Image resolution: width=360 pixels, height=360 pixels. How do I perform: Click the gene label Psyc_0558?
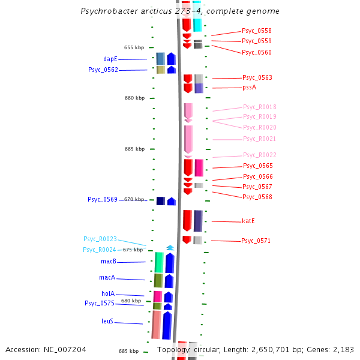point(257,31)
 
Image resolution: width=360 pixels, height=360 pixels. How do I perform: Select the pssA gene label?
point(250,88)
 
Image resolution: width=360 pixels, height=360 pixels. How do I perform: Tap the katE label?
point(248,221)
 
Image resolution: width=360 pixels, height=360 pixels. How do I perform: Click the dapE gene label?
point(110,59)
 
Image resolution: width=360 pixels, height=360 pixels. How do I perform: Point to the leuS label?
point(107,322)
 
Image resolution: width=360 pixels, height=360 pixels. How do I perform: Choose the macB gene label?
point(108,262)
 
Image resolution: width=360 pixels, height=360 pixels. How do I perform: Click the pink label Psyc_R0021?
point(259,139)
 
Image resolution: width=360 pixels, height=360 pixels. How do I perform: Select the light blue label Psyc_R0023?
point(100,239)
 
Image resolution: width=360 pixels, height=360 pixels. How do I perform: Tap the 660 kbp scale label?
point(134,98)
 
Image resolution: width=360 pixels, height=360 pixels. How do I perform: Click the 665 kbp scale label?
point(134,149)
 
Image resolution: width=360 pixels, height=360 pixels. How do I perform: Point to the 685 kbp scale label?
point(128,352)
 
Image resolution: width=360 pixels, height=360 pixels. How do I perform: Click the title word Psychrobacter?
point(109,11)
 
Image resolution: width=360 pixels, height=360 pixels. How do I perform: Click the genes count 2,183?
point(342,350)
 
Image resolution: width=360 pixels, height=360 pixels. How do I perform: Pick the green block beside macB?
point(159,262)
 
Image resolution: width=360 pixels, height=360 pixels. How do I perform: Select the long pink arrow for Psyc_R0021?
point(188,139)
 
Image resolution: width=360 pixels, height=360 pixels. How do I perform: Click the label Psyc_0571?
point(256,241)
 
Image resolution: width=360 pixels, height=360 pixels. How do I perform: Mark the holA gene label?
point(108,294)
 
